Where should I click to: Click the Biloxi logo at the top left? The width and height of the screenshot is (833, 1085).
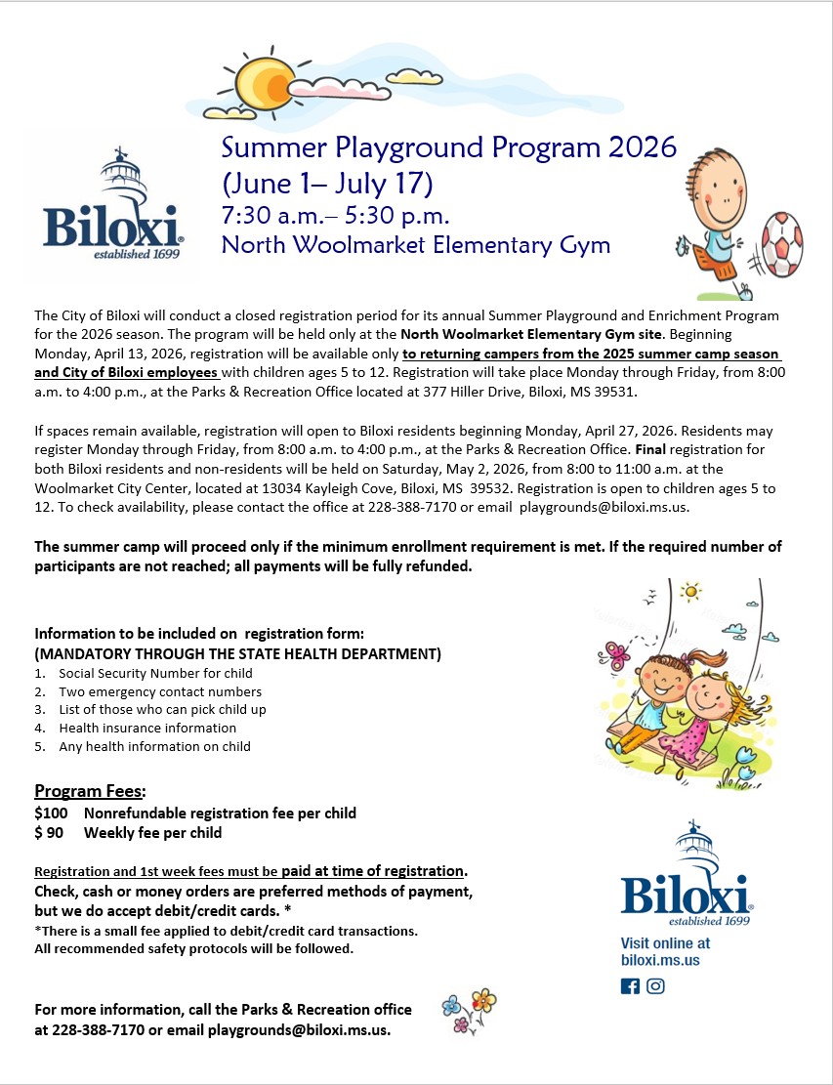pyautogui.click(x=113, y=209)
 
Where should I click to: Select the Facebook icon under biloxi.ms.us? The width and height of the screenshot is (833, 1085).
pyautogui.click(x=630, y=985)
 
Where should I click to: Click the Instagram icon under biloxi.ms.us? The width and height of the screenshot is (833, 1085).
pyautogui.click(x=655, y=985)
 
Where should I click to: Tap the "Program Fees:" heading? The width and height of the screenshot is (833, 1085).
pyautogui.click(x=90, y=790)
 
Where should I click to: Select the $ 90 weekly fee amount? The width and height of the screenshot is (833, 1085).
pyautogui.click(x=53, y=833)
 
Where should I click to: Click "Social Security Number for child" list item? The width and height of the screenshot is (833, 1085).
pyautogui.click(x=155, y=673)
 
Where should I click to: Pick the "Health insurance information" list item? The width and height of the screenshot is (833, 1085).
pyautogui.click(x=147, y=728)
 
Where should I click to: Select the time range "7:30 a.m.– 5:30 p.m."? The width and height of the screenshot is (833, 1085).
pyautogui.click(x=336, y=214)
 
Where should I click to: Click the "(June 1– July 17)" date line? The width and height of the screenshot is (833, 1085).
pyautogui.click(x=327, y=182)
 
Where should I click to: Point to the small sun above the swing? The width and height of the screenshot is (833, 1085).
pyautogui.click(x=690, y=591)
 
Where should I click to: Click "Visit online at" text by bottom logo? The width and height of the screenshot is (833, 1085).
pyautogui.click(x=666, y=943)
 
